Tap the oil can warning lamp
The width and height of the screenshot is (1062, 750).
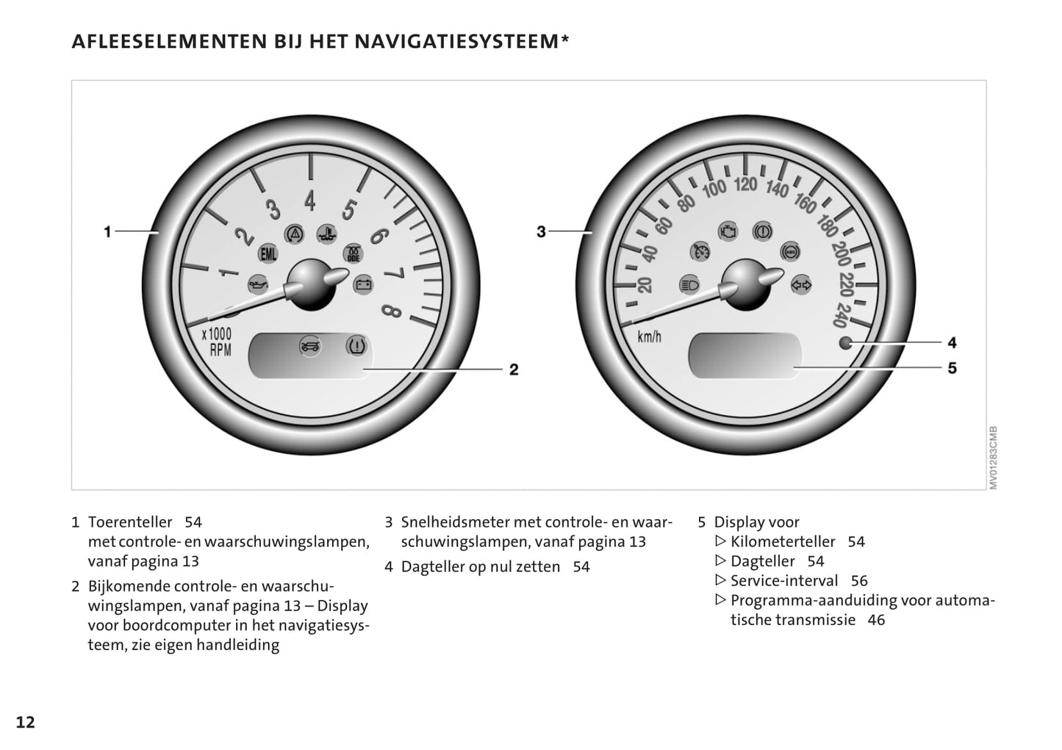tap(257, 284)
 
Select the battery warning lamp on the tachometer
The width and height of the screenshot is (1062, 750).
tap(362, 284)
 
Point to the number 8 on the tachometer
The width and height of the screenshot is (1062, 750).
tap(392, 312)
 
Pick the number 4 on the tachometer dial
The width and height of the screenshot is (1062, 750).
tap(310, 200)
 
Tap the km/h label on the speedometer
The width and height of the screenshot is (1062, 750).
tap(649, 337)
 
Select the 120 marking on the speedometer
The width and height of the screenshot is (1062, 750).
tap(745, 183)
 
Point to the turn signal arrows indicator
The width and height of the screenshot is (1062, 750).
tap(800, 284)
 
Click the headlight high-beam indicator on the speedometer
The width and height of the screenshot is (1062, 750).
tap(689, 284)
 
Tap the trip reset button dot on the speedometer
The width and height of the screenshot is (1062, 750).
tap(845, 342)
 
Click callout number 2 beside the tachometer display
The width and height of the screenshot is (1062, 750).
tap(514, 369)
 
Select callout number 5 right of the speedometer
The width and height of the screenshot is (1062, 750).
tap(952, 367)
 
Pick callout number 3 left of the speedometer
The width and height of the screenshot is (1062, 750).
tap(541, 232)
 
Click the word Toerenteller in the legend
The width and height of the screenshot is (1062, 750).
tap(130, 522)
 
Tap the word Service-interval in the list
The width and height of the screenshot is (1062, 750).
tap(783, 580)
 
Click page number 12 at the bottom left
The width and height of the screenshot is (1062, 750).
tap(25, 722)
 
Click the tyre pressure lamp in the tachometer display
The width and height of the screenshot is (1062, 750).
tap(356, 345)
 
